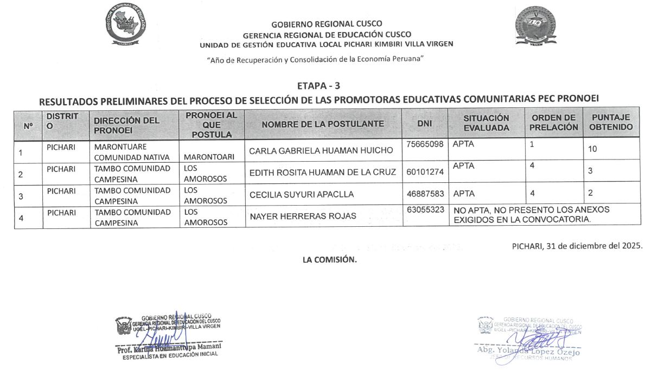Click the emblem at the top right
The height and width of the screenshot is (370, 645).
coord(535,27)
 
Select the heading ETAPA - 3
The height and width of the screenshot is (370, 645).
coord(319,86)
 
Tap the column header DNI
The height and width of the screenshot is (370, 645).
coord(425,124)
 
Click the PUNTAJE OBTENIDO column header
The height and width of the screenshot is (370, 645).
coord(611,123)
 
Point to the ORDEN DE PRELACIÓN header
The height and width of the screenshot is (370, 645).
coord(553,123)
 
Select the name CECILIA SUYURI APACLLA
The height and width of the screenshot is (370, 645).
coord(301,194)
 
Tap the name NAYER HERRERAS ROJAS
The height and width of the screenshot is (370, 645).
coord(303,216)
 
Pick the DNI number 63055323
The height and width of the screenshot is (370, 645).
coord(425,209)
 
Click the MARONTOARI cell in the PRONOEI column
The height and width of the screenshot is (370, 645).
coord(209,157)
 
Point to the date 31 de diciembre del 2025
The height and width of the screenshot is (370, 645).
coord(577,245)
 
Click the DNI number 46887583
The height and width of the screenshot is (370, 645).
coord(425,193)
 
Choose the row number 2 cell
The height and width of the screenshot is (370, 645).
coord(21,175)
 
